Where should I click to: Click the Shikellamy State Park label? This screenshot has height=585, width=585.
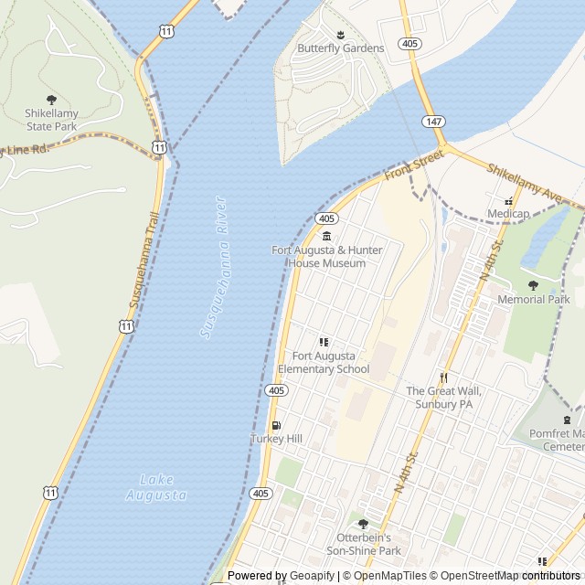(x=51, y=120)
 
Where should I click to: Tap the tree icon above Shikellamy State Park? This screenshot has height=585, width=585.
(x=51, y=99)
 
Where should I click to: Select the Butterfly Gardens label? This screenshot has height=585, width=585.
(x=327, y=48)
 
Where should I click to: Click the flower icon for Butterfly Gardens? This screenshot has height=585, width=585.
(x=340, y=34)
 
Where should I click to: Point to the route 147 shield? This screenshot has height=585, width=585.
(x=433, y=121)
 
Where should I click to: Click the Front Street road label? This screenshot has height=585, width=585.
(x=413, y=166)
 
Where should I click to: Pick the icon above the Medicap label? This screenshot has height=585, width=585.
(x=509, y=201)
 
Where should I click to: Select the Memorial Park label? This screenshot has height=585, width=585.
(x=534, y=299)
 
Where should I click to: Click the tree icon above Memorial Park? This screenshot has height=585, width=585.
(x=534, y=284)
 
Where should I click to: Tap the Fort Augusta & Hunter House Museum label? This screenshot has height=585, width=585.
(x=326, y=257)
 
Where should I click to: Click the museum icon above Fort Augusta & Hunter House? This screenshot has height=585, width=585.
(x=326, y=237)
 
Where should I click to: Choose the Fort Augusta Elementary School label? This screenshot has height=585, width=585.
(x=324, y=362)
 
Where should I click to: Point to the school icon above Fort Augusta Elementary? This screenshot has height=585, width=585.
(x=324, y=342)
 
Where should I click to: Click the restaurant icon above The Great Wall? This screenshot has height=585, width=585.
(x=443, y=377)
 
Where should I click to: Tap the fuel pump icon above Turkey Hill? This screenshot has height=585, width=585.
(x=276, y=425)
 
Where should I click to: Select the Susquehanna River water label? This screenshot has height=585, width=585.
(x=213, y=267)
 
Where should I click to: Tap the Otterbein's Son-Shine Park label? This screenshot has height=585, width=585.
(x=363, y=545)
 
